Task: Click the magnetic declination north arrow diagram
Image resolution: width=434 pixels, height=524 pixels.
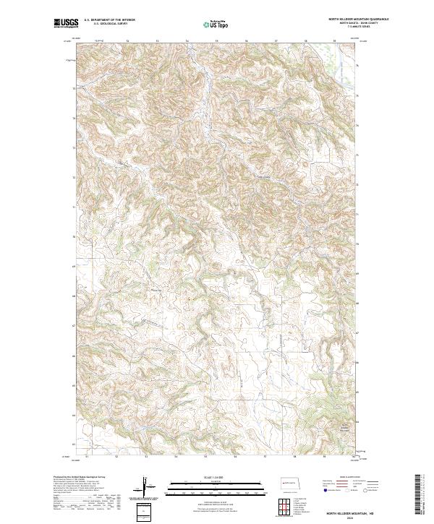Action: [145, 487]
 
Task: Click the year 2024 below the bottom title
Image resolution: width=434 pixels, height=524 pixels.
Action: [334, 517]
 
